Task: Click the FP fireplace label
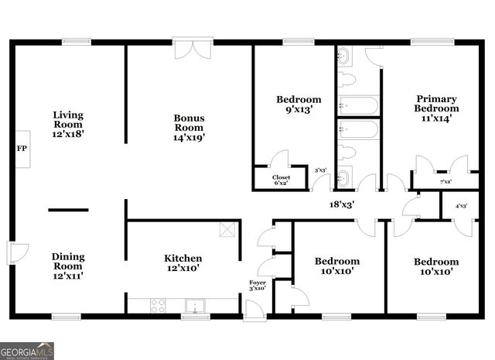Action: tap(22, 148)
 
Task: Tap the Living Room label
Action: tap(68, 124)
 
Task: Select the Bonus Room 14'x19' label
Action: tap(189, 128)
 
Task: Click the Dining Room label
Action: tap(68, 266)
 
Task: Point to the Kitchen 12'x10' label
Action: tap(183, 263)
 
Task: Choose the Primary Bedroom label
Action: tap(437, 108)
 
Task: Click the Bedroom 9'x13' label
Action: tap(299, 105)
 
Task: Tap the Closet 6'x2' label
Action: tap(282, 180)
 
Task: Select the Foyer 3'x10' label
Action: tap(258, 286)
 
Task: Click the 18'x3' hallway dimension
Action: tap(342, 204)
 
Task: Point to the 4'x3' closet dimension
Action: tap(462, 205)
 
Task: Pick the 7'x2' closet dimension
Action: tap(446, 182)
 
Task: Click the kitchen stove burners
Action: tap(158, 306)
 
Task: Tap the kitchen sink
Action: tap(195, 306)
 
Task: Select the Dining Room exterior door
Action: tap(17, 252)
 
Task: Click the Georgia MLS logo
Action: tap(27, 351)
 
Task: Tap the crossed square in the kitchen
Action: tap(227, 229)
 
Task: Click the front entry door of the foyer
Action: tap(254, 311)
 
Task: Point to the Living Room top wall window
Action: tap(76, 41)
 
